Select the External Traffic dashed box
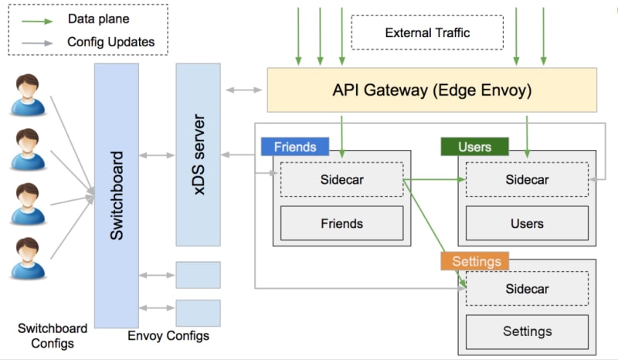click(426, 32)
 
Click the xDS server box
click(198, 155)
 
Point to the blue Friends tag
click(294, 147)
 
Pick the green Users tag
click(474, 147)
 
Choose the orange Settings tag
click(475, 261)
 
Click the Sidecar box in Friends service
click(341, 180)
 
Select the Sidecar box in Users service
click(527, 180)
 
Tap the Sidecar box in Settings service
click(527, 289)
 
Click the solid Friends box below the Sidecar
click(341, 223)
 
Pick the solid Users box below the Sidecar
click(527, 223)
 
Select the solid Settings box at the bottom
click(527, 331)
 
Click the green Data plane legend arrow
click(36, 18)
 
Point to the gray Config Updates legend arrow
click(36, 42)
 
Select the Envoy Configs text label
click(168, 336)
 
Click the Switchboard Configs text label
click(53, 335)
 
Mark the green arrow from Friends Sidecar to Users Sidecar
click(434, 180)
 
